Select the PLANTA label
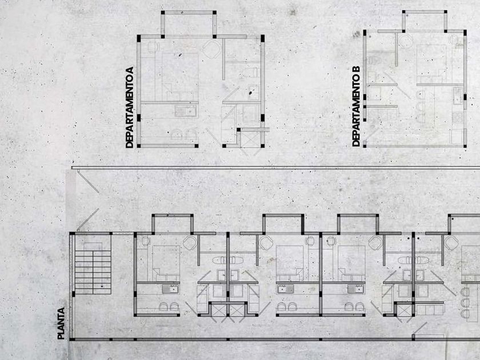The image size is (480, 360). point(61,323)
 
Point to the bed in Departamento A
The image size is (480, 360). point(180,71)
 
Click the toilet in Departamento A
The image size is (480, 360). point(248,71)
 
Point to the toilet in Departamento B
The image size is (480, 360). point(374,60)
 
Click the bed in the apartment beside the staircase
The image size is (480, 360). point(166,259)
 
